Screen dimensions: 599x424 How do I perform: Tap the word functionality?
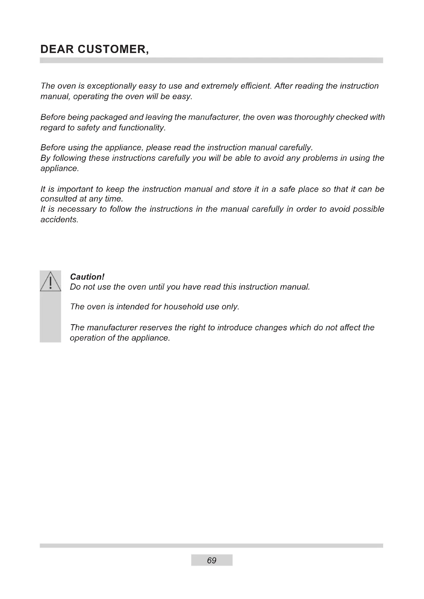142,128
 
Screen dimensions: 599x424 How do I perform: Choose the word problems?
320,158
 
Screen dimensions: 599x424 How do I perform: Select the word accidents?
59,220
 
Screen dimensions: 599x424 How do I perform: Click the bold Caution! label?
87,277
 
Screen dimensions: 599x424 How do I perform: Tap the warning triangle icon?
51,282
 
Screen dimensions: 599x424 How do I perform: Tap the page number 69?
211,560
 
